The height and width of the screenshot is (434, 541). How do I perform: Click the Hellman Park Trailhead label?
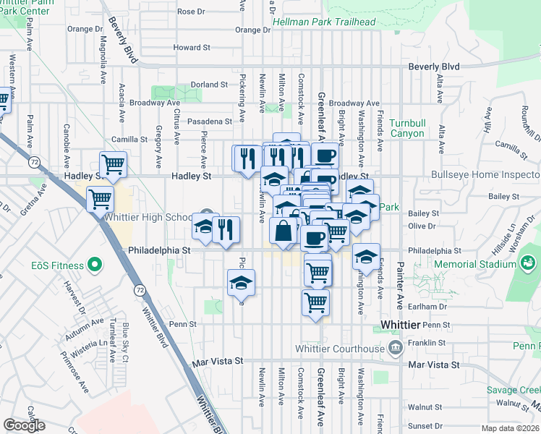click(331, 22)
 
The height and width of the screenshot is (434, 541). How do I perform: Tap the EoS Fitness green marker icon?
click(93, 265)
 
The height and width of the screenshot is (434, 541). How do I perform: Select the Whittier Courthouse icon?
click(395, 349)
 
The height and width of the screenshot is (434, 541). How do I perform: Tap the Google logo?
click(24, 425)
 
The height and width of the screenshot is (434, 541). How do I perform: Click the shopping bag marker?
click(284, 231)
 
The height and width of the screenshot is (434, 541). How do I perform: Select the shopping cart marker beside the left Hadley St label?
click(113, 164)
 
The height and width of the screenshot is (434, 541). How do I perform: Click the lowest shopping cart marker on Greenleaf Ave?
click(316, 302)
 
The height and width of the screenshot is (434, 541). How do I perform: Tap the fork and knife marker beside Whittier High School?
click(226, 229)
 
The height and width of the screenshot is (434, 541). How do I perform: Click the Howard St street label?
click(192, 48)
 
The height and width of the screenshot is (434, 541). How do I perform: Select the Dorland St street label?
click(209, 85)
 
